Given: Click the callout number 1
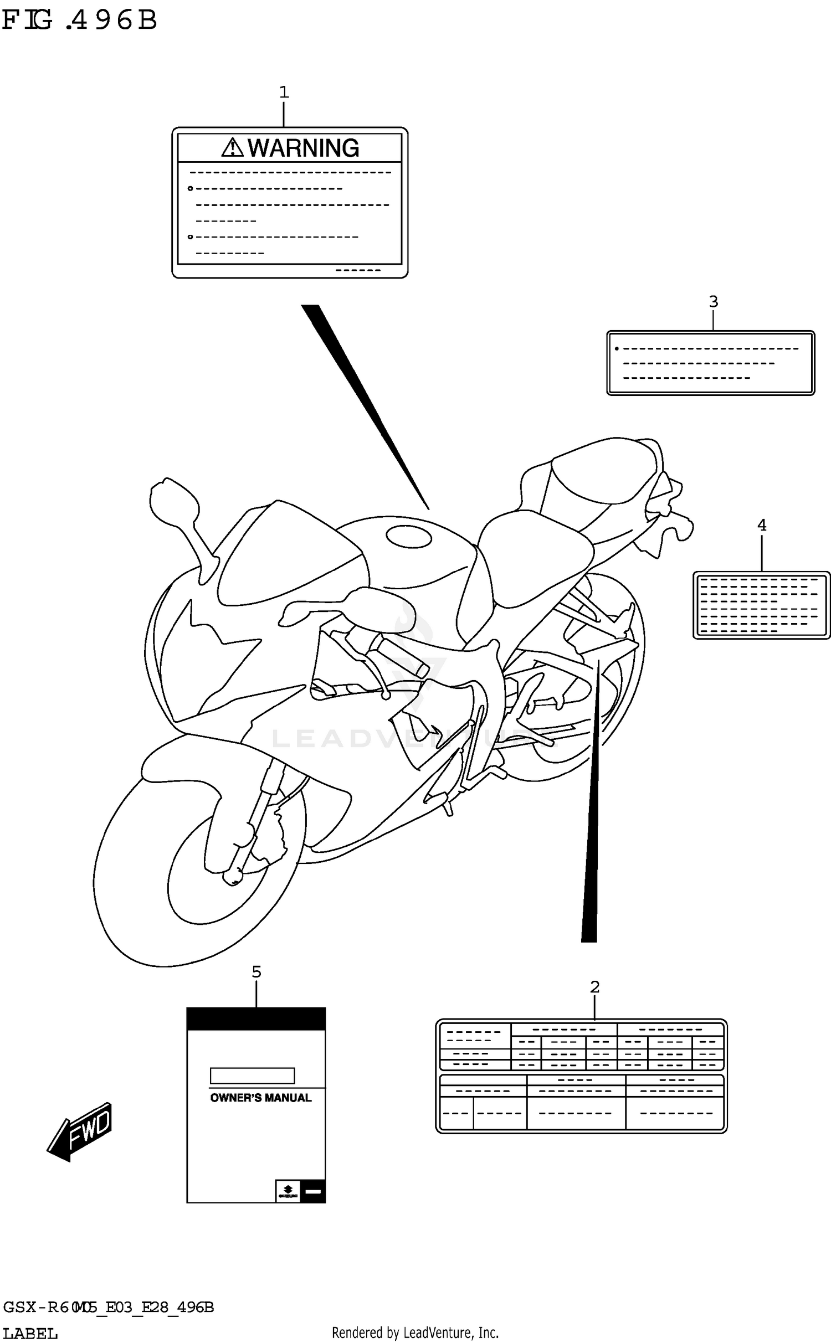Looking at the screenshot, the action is tap(284, 92).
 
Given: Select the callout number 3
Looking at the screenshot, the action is tap(714, 302).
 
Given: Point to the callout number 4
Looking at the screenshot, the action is tap(762, 525).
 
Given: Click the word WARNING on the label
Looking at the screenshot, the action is tap(303, 148).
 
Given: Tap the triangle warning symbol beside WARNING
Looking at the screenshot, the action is tap(233, 147).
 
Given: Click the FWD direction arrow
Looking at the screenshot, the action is tap(80, 1131).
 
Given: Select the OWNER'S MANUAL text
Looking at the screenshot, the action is tap(260, 1098).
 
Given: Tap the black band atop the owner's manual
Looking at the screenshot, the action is tap(256, 1019).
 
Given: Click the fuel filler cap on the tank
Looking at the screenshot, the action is tap(409, 536).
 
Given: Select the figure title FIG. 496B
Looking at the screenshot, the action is tap(79, 20).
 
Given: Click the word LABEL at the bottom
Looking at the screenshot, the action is tap(30, 1333).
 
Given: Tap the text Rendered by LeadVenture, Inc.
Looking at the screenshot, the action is tap(415, 1332).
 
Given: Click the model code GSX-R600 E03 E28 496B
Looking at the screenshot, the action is tap(108, 1308).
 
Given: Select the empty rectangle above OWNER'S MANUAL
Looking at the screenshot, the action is tap(252, 1076).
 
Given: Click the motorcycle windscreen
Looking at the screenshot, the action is tap(288, 554).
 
